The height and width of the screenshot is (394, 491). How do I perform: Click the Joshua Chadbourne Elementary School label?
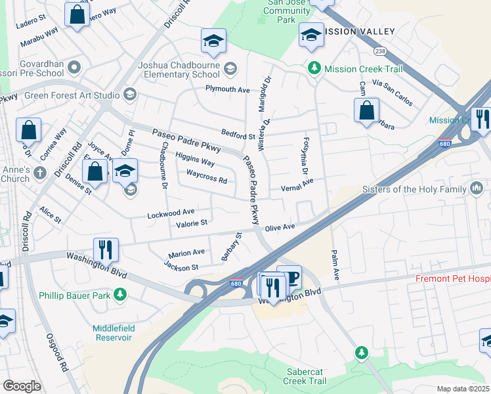(179, 70)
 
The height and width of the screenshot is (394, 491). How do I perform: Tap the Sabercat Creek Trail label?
(305, 376)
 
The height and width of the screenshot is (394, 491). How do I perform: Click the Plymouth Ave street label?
(228, 89)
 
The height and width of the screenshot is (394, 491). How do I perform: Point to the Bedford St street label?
(238, 136)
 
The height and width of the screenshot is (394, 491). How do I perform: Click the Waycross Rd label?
(206, 177)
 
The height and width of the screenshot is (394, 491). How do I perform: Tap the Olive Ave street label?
(280, 227)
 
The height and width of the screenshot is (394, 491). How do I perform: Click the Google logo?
(22, 386)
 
